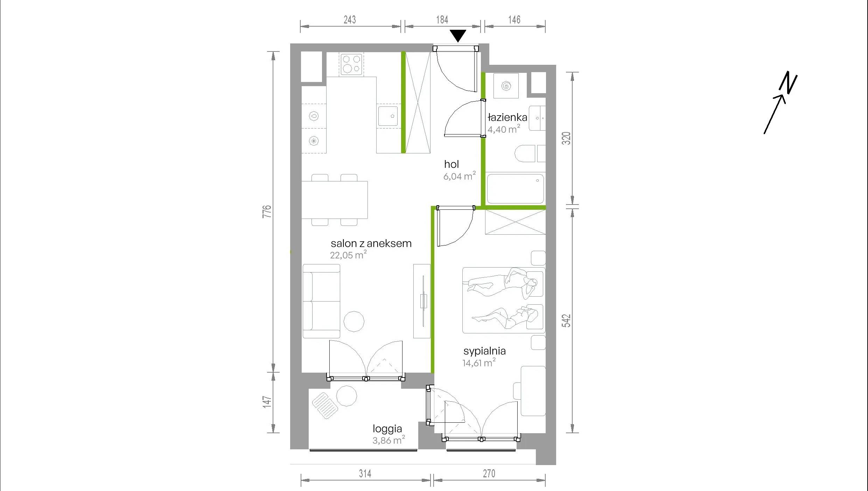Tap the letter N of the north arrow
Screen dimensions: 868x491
pos(788,83)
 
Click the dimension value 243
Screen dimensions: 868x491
pos(350,20)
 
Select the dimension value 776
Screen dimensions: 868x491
pos(267,212)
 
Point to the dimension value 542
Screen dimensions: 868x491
pos(566,321)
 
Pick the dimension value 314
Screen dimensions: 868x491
pos(365,473)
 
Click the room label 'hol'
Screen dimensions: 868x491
pos(451,164)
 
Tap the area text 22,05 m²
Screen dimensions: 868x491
pos(348,255)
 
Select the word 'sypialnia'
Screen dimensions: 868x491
pos(484,351)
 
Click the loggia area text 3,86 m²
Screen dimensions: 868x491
pos(388,440)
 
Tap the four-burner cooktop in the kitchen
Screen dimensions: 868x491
pos(351,64)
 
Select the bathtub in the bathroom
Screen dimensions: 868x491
pos(516,189)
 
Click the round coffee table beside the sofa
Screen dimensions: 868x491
pos(354,321)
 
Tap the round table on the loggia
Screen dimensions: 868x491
pos(346,396)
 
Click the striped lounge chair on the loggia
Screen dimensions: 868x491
pos(325,406)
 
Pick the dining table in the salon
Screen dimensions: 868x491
pos(335,200)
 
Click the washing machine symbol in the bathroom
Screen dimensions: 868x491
pos(506,86)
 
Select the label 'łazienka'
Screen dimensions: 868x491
pos(507,117)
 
